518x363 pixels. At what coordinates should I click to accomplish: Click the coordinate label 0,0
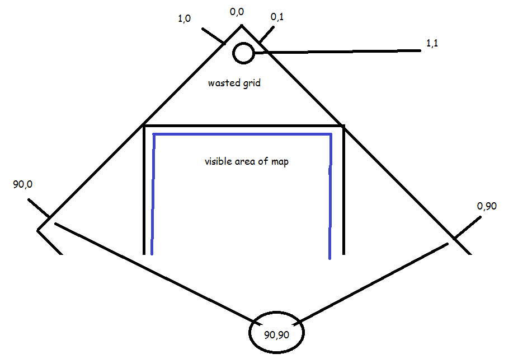(237, 12)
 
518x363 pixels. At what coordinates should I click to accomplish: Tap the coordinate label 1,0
(185, 18)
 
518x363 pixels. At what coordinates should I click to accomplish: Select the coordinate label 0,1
(277, 17)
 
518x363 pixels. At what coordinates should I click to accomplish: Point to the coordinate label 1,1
(432, 43)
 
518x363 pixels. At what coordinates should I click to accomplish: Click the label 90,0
(23, 184)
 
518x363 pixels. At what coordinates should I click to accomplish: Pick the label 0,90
(487, 206)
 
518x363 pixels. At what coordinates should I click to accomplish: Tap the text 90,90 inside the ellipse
(276, 335)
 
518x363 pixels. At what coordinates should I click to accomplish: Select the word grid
(252, 83)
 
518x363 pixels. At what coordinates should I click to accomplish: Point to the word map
(280, 162)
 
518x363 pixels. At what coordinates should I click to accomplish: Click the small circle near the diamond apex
(243, 53)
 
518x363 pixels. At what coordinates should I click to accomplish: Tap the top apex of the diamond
(242, 25)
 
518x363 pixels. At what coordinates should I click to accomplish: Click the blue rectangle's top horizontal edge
(242, 134)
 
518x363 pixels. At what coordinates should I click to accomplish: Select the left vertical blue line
(153, 194)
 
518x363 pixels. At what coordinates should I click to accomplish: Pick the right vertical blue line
(330, 196)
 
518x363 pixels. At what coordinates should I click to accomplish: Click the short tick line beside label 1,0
(214, 36)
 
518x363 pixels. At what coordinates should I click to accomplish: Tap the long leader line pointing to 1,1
(337, 52)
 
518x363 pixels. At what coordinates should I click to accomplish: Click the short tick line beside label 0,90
(467, 227)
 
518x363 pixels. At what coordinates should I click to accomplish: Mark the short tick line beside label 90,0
(39, 208)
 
